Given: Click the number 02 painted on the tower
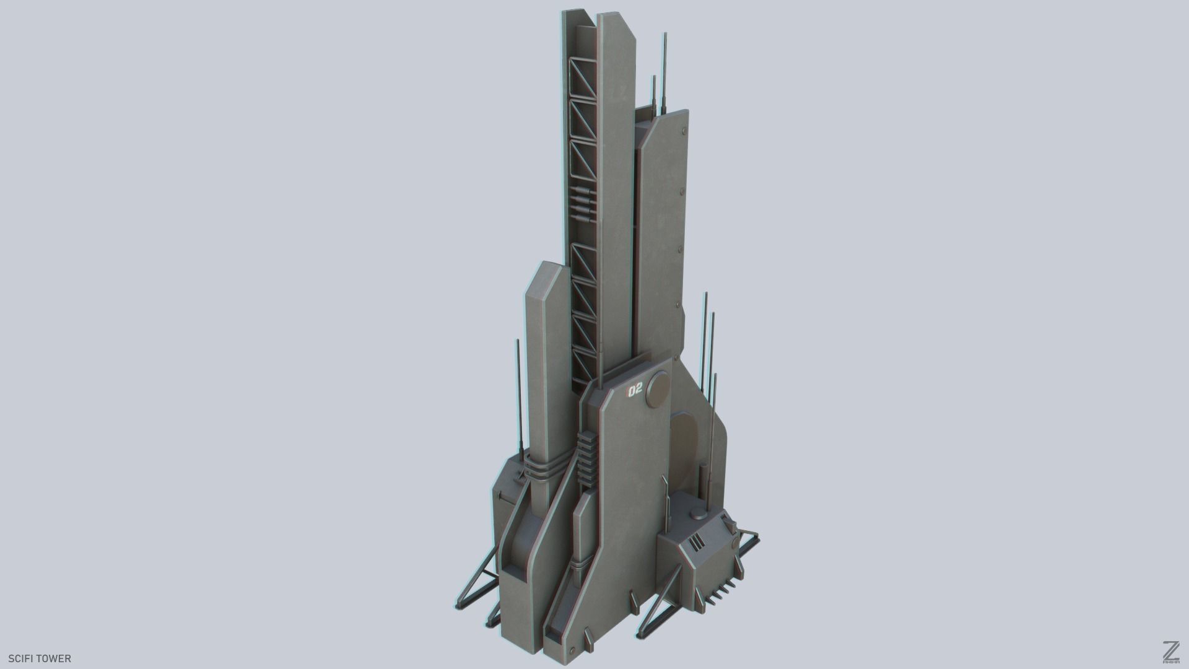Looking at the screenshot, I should [635, 390].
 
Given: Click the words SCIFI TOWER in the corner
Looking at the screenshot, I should [40, 658].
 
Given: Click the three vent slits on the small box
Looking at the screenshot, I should [696, 543].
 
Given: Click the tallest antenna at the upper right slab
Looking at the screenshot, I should [665, 74].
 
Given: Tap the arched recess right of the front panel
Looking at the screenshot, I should [684, 446].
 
